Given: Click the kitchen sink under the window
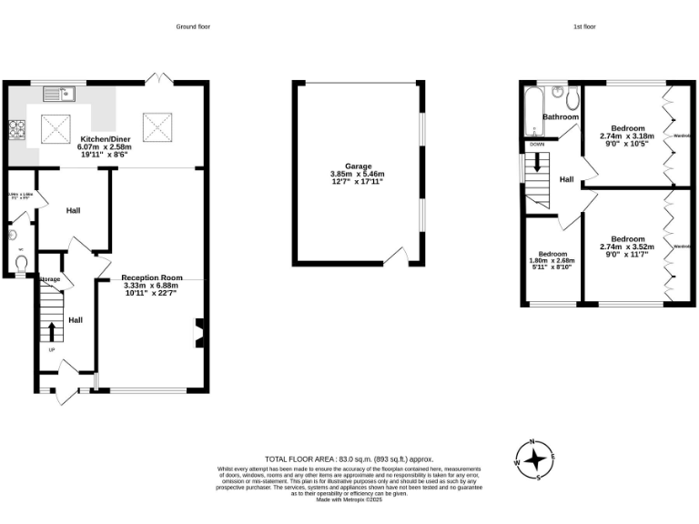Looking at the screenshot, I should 66,93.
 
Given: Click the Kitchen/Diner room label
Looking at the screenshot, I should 106,138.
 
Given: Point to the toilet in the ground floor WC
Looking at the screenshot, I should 22,262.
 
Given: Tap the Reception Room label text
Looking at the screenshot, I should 152,277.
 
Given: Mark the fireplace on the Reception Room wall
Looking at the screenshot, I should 198,332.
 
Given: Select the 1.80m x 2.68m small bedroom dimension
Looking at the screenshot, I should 552,261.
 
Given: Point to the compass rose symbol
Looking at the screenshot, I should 537,459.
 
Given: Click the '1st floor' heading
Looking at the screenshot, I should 584,27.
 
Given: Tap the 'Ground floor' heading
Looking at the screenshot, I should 193,27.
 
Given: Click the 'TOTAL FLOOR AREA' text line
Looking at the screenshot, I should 349,459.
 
